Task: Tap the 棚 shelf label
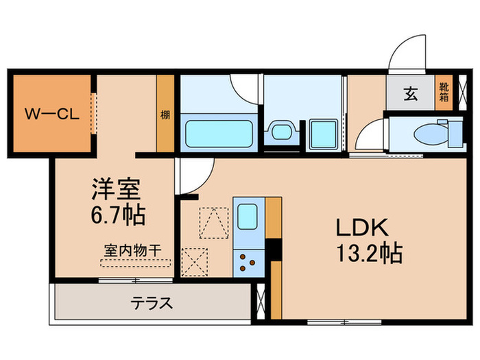click(x=165, y=115)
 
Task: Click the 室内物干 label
click(x=132, y=251)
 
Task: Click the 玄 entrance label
click(x=410, y=95)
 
